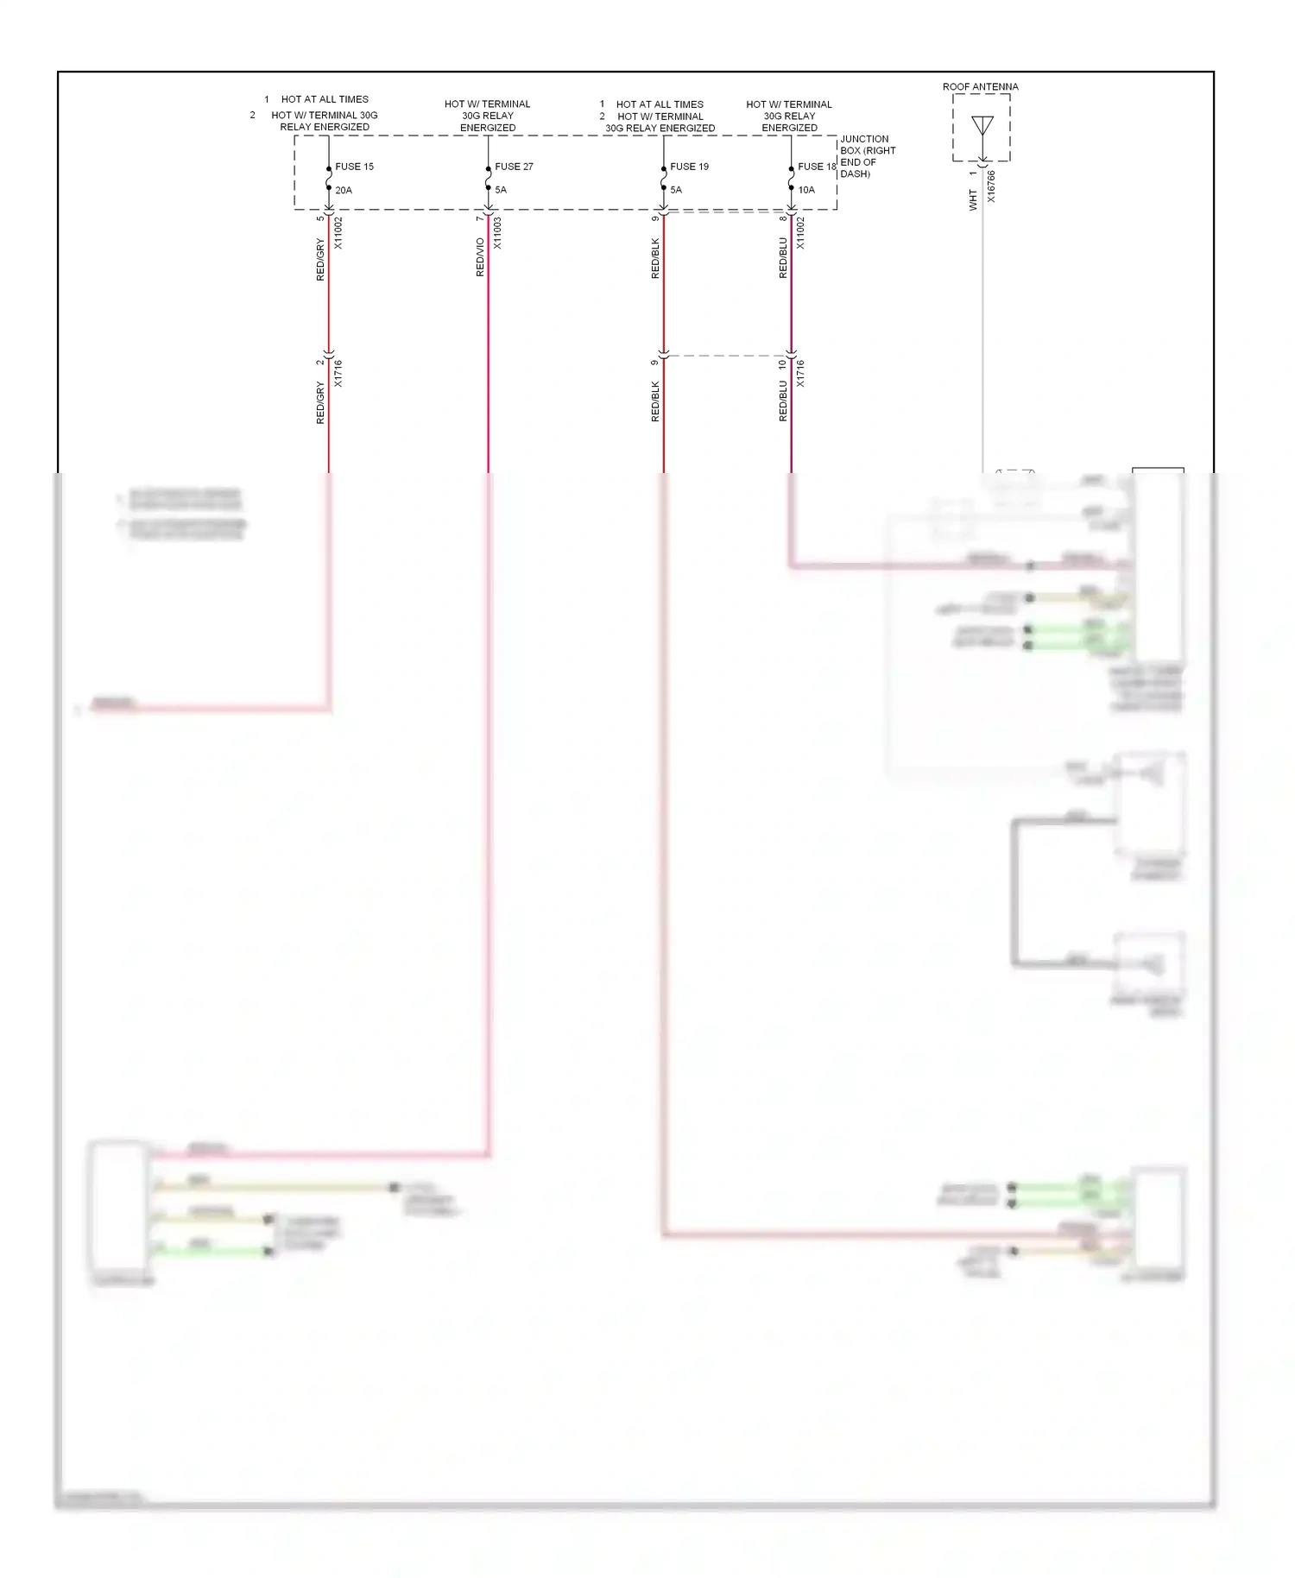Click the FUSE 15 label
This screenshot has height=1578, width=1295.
tap(354, 167)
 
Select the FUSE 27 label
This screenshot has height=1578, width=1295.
tap(514, 167)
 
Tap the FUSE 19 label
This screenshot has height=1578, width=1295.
tap(689, 167)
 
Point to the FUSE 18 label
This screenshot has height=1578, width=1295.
tap(816, 167)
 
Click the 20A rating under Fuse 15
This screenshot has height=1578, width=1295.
tap(344, 190)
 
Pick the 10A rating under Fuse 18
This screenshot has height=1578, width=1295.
tap(806, 190)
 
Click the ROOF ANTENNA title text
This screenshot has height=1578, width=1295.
tap(980, 87)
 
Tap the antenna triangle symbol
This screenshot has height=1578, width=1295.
tap(982, 126)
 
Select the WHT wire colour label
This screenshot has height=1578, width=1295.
tap(973, 201)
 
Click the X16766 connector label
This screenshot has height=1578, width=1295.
tap(991, 186)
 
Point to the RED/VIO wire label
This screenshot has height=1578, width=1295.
tap(480, 257)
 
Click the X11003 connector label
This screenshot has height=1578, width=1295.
tap(498, 233)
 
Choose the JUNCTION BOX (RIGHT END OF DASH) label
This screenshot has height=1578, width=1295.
tap(867, 156)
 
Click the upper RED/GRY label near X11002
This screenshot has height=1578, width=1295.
tap(320, 260)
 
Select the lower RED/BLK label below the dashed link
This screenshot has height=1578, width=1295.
tap(655, 401)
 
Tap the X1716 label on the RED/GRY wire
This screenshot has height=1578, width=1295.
tap(338, 373)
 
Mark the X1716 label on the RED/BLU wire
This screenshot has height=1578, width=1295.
tap(800, 373)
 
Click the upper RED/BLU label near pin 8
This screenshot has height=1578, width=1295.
tap(783, 258)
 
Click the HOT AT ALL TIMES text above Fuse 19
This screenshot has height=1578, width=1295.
tap(660, 104)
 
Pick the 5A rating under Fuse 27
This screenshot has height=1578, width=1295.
tap(501, 190)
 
